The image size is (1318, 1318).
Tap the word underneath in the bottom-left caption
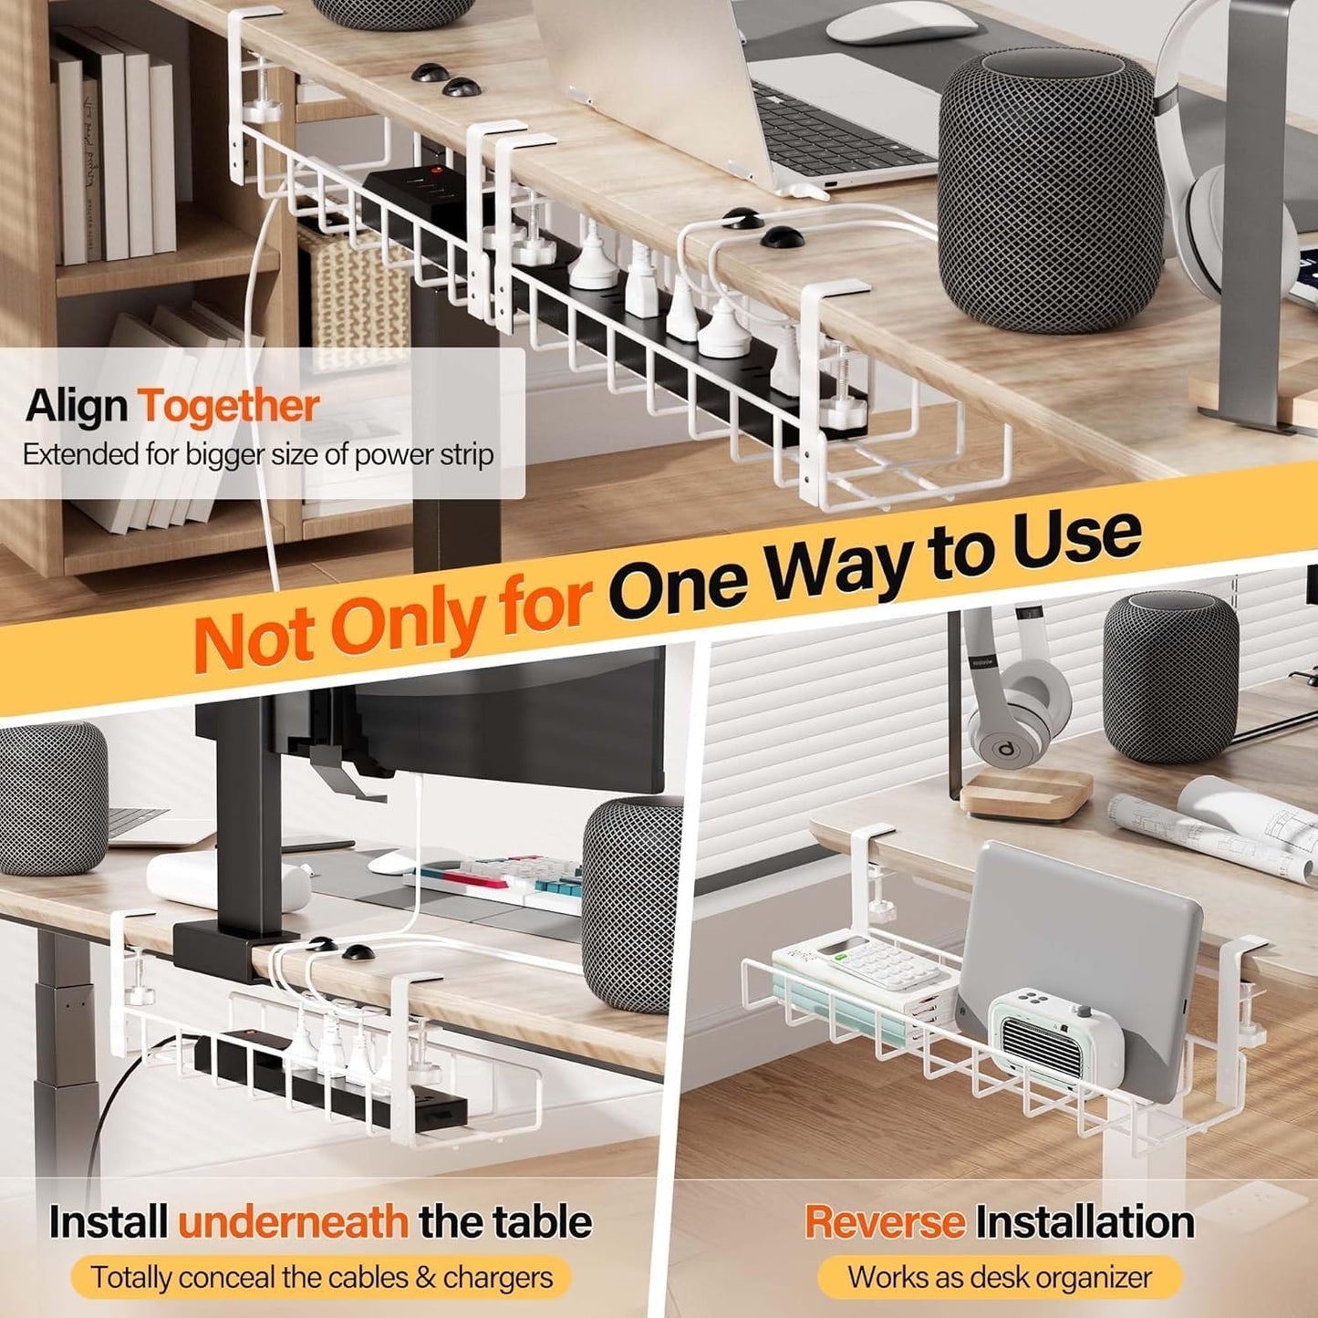[x=294, y=1222]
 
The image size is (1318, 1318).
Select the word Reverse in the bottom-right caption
[x=885, y=1222]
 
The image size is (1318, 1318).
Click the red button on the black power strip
[x=435, y=169]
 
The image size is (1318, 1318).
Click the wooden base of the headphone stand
[x=1025, y=794]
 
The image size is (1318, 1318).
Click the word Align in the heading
[x=78, y=406]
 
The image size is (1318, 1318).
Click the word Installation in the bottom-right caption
[x=1085, y=1222]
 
